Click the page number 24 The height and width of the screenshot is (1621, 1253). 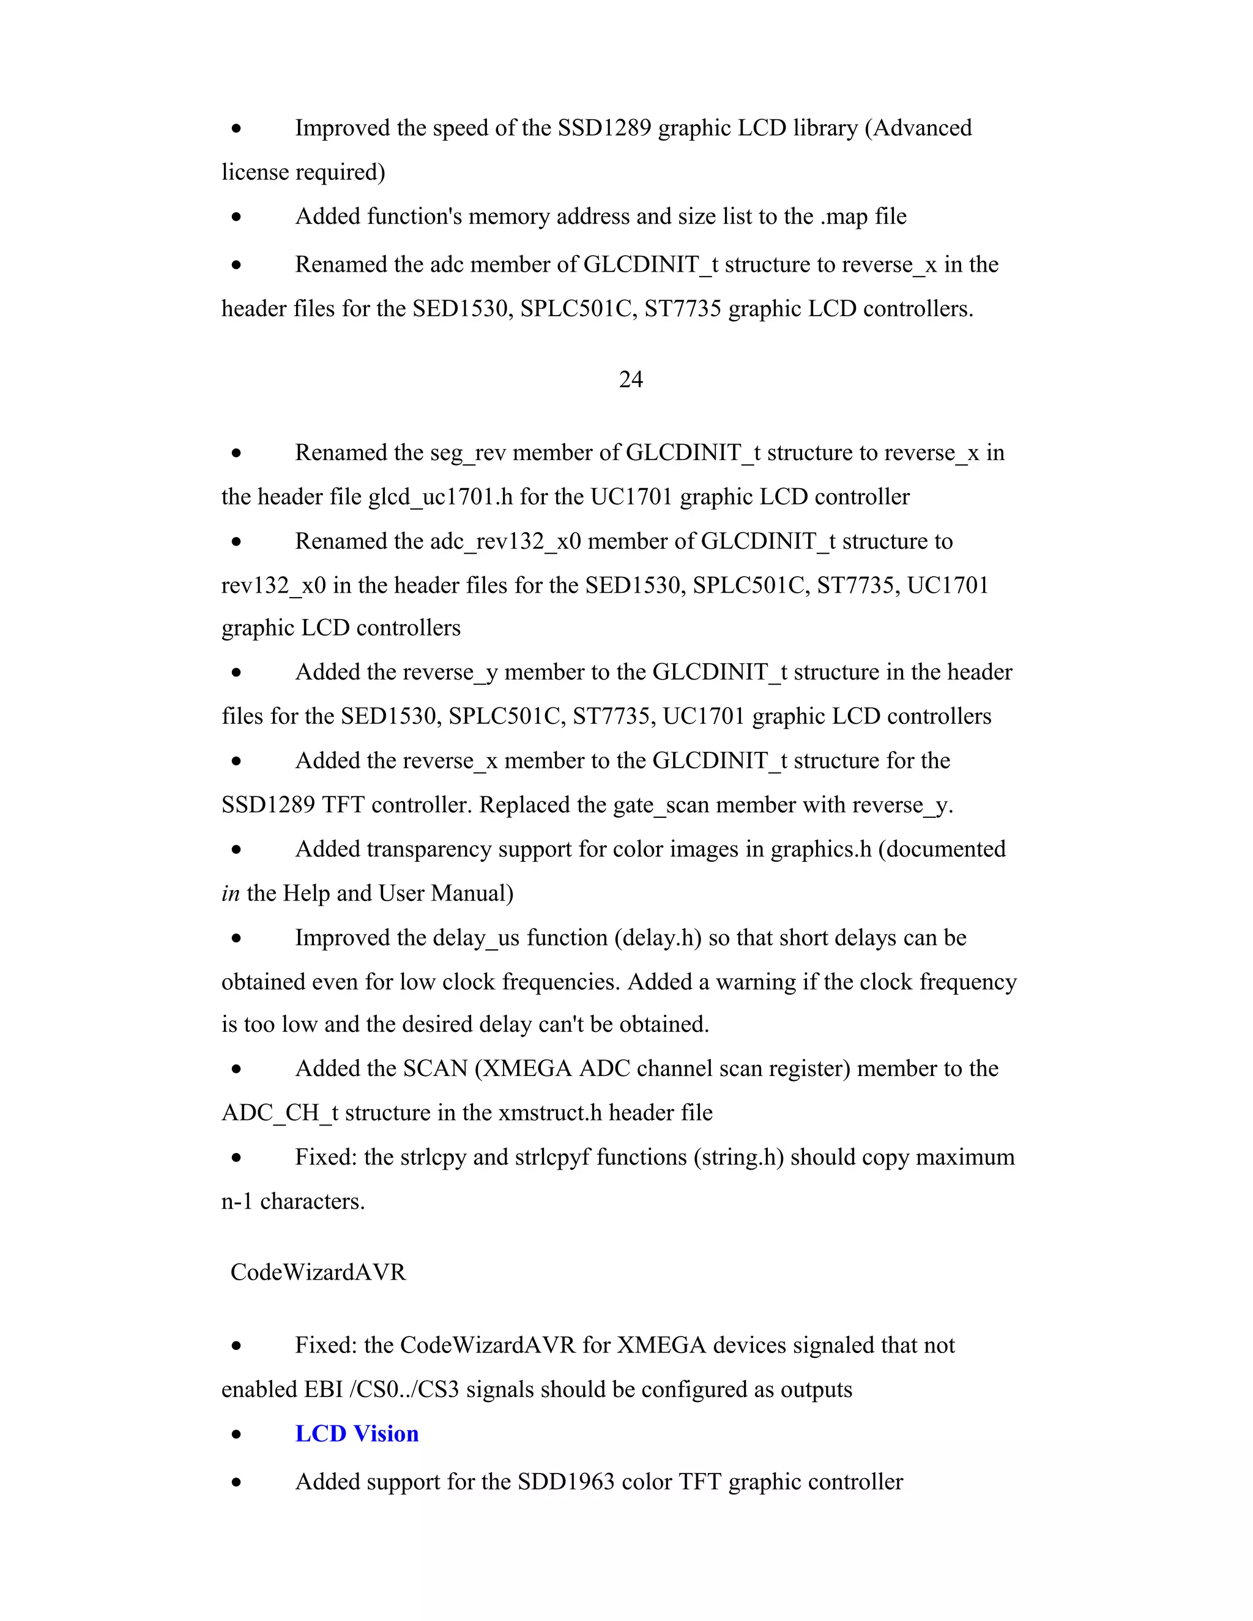[630, 379]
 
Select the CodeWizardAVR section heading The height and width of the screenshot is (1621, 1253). [318, 1272]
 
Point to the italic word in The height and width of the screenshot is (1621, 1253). [230, 893]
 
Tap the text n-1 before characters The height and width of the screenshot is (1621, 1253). [237, 1201]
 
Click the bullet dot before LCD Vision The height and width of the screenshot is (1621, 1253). [236, 1434]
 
